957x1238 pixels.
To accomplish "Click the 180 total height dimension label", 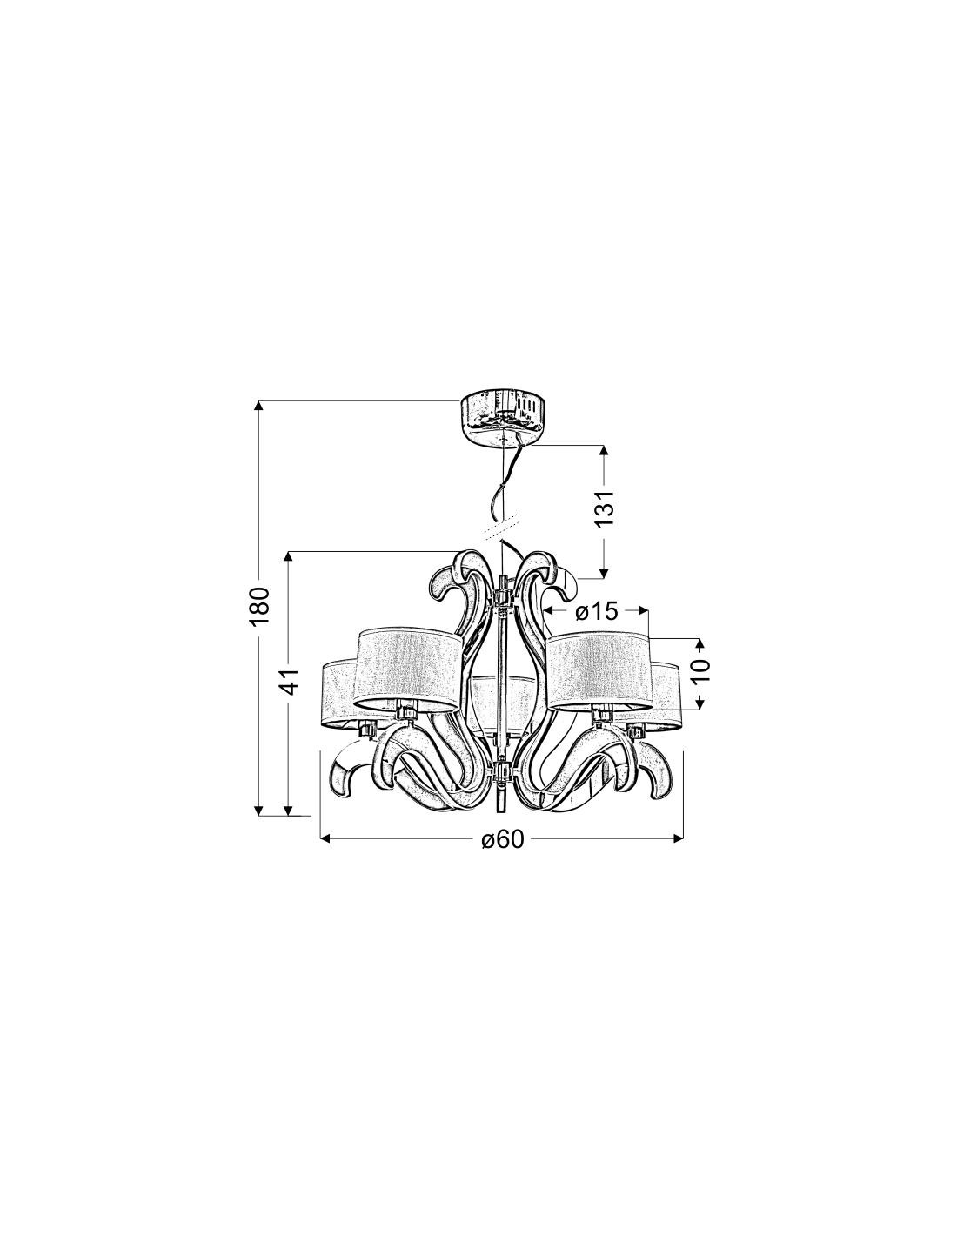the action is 259,606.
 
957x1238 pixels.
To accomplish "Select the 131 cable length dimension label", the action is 606,508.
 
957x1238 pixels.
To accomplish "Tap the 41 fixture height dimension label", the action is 291,681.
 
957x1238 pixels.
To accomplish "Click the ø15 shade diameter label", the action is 596,612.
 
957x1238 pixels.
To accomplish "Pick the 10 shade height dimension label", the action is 702,670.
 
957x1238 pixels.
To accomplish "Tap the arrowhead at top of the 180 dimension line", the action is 259,406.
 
